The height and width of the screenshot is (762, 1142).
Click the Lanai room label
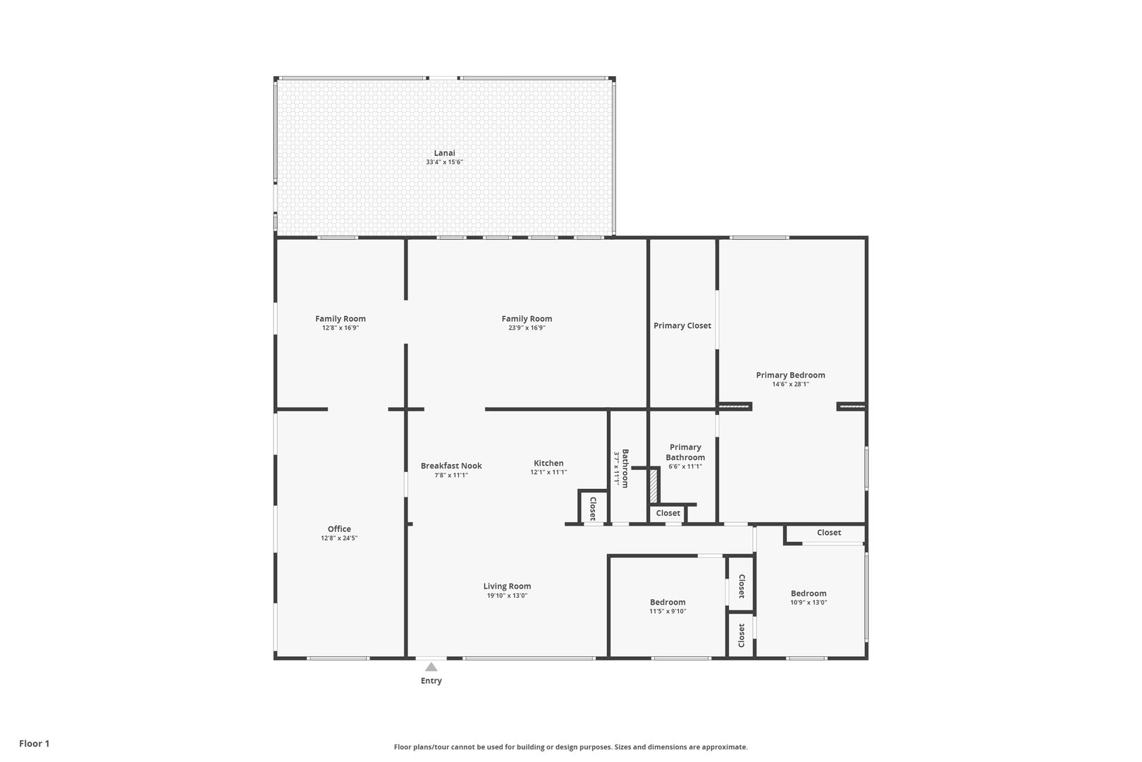click(444, 152)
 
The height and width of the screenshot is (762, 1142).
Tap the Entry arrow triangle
click(431, 667)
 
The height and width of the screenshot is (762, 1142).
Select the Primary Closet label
click(682, 326)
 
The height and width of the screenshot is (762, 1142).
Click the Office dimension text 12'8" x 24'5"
click(339, 538)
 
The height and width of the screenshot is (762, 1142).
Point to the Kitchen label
click(548, 463)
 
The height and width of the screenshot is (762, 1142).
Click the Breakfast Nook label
click(451, 466)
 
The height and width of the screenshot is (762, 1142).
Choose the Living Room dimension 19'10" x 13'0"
click(508, 595)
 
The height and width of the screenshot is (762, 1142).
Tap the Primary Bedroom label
click(790, 375)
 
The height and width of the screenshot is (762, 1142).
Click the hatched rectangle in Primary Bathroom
click(653, 485)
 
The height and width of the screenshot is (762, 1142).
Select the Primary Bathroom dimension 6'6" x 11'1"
click(685, 466)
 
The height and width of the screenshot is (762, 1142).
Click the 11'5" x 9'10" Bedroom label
click(668, 603)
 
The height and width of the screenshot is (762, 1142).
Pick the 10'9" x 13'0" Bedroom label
click(809, 593)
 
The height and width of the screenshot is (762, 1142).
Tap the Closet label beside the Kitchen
click(593, 508)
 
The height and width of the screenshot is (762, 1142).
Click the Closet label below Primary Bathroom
click(668, 513)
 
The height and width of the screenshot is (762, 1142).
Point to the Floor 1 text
click(34, 744)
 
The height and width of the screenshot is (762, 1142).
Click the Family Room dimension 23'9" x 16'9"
click(527, 327)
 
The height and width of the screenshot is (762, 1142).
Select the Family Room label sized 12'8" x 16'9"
click(340, 318)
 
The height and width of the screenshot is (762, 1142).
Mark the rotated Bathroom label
click(625, 468)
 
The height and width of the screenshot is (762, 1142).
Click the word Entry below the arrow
click(431, 681)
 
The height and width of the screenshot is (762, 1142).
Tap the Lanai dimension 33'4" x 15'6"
click(444, 162)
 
